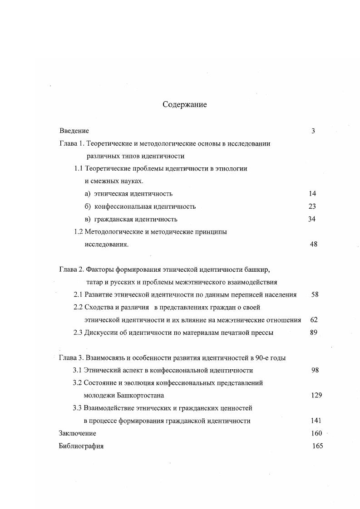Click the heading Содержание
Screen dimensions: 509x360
point(185,105)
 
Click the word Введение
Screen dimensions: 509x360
point(74,131)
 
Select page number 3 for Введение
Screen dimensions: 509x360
point(313,131)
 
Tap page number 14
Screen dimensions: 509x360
point(312,194)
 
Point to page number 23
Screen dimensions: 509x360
point(312,206)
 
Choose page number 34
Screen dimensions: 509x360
point(312,219)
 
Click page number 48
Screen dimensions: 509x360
point(314,244)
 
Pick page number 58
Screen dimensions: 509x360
point(315,294)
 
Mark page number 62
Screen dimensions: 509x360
point(314,320)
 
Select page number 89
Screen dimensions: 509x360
point(313,333)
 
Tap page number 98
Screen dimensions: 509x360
point(315,370)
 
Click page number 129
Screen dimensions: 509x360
point(316,396)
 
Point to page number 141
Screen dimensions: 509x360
point(316,421)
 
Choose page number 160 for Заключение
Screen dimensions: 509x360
point(316,433)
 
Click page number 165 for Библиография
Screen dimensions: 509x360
point(318,446)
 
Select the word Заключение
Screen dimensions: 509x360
point(78,433)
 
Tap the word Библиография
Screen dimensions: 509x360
point(81,446)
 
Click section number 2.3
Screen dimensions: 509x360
point(78,333)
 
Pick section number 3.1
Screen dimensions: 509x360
point(77,370)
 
